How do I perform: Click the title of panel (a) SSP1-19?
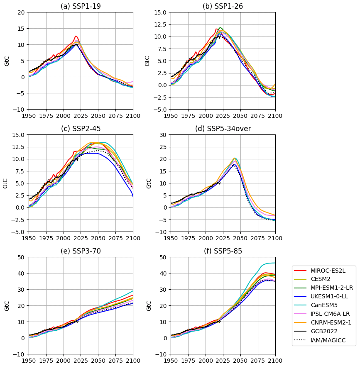coord(81,6)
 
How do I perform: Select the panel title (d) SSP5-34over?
coord(223,129)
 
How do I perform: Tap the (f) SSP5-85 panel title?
coord(223,251)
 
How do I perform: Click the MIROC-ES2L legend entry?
coord(328,271)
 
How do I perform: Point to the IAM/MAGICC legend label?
coord(330,340)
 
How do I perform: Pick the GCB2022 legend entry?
coord(325,332)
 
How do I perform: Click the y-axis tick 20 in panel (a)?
coord(21,12)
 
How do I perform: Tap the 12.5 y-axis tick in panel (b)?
coord(160,24)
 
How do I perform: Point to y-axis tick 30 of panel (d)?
coord(163,135)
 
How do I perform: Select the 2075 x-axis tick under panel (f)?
coord(257,361)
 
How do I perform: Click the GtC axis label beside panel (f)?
coord(148,306)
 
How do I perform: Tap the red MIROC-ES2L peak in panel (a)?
coord(76,36)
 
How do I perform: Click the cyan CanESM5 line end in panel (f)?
coord(274,263)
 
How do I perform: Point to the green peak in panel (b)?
coord(220,28)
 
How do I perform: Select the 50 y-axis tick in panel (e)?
coord(21,257)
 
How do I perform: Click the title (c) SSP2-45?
coord(81,129)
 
